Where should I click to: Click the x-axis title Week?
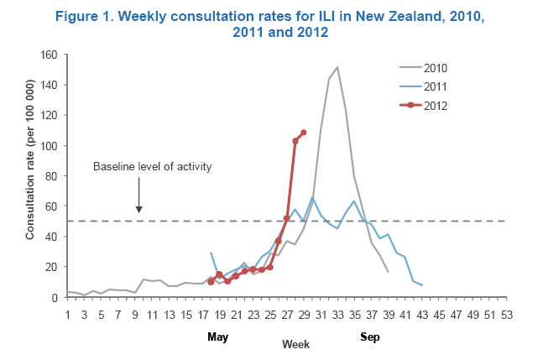click(x=295, y=345)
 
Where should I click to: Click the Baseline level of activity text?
click(x=152, y=166)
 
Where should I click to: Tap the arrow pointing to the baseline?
click(x=139, y=201)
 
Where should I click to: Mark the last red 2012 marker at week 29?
click(x=304, y=133)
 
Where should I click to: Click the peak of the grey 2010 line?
click(x=337, y=67)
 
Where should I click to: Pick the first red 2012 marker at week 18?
click(x=211, y=282)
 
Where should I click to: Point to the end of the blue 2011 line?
click(x=421, y=285)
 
